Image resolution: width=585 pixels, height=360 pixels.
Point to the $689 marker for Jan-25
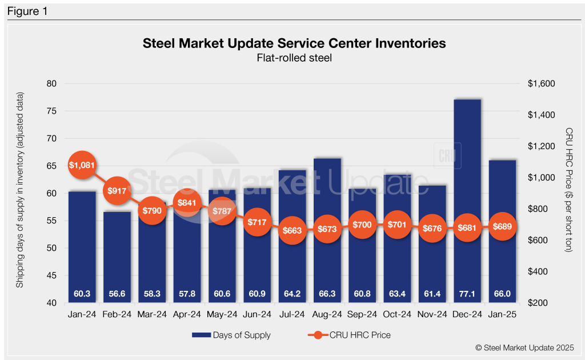502,226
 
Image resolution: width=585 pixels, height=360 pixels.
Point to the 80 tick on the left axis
51,83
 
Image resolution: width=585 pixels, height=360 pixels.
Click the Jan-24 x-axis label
82,314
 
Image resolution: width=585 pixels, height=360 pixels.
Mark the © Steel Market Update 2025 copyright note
523,347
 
